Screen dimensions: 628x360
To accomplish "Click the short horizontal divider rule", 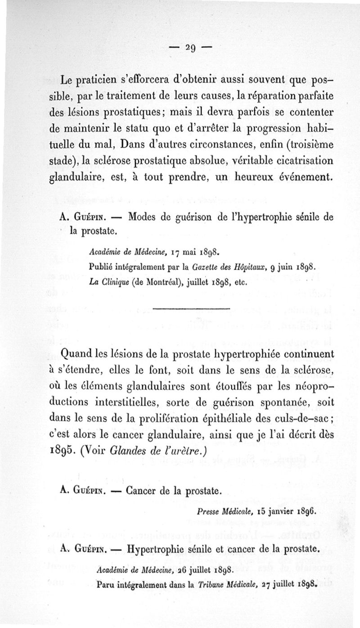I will pos(191,308).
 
